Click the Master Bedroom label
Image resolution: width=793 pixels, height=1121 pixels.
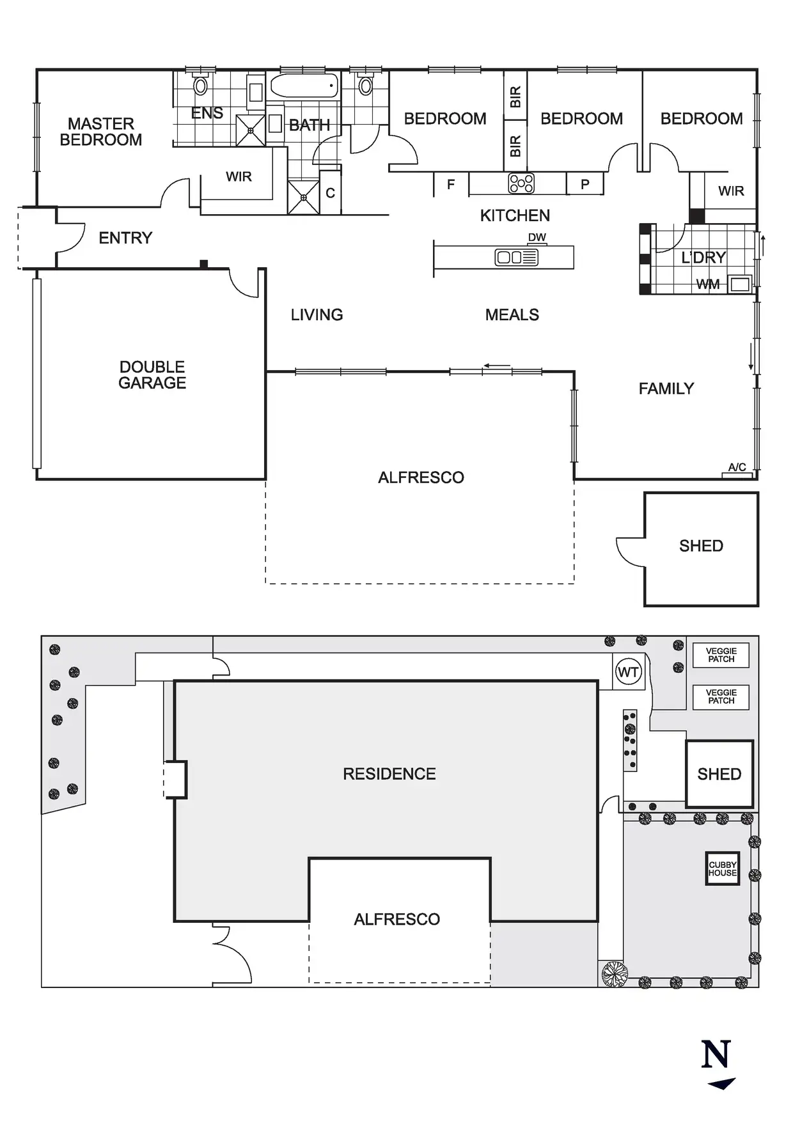tap(101, 132)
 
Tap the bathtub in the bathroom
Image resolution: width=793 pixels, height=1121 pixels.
tap(304, 86)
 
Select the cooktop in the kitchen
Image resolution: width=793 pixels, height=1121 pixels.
tap(521, 183)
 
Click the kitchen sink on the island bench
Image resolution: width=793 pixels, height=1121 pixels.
tap(516, 258)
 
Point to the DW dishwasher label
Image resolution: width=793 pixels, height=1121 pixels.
tap(537, 237)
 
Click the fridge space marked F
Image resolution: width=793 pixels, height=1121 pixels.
tap(451, 184)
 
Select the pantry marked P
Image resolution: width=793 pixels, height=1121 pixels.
tap(585, 184)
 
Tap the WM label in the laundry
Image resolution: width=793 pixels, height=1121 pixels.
tap(708, 284)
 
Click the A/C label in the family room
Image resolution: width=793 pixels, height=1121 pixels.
tap(737, 467)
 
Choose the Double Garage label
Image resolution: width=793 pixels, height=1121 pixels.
tap(152, 375)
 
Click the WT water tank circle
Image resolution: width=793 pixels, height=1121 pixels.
tap(628, 672)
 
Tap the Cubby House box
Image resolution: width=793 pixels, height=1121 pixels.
tap(722, 869)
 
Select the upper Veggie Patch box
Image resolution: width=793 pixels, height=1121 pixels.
tap(721, 655)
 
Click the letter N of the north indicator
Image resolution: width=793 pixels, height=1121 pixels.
tap(716, 1055)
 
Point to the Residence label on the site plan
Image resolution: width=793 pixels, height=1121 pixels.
tap(389, 774)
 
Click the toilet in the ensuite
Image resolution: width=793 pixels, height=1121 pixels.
tap(201, 84)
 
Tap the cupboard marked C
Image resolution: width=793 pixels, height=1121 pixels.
tap(330, 192)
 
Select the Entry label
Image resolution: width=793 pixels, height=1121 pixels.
tap(125, 238)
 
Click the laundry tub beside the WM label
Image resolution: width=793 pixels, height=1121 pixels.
tap(740, 284)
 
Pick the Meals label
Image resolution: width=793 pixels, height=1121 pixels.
tap(512, 314)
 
